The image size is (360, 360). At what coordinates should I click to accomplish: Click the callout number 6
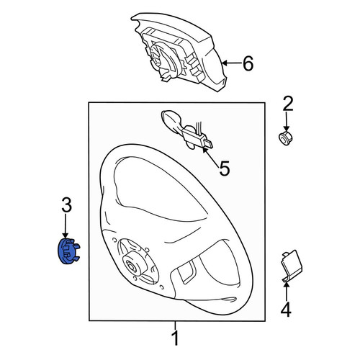248,63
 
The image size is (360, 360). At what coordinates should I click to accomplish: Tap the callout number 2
288,104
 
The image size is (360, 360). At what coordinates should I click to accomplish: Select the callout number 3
67,204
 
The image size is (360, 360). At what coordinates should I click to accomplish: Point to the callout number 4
286,310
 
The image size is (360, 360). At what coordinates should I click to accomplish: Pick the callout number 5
225,168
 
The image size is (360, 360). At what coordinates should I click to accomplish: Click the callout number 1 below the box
176,338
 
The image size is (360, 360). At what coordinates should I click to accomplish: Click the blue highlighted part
68,251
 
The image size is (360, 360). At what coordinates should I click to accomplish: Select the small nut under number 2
286,138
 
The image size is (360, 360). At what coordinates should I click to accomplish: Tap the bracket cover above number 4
292,266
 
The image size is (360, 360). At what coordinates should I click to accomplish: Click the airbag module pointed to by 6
179,52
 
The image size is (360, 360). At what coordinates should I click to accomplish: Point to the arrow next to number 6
231,63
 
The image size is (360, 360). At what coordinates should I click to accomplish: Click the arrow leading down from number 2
286,121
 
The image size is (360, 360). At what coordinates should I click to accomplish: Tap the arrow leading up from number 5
211,156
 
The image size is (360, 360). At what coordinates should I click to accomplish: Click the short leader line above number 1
176,325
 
